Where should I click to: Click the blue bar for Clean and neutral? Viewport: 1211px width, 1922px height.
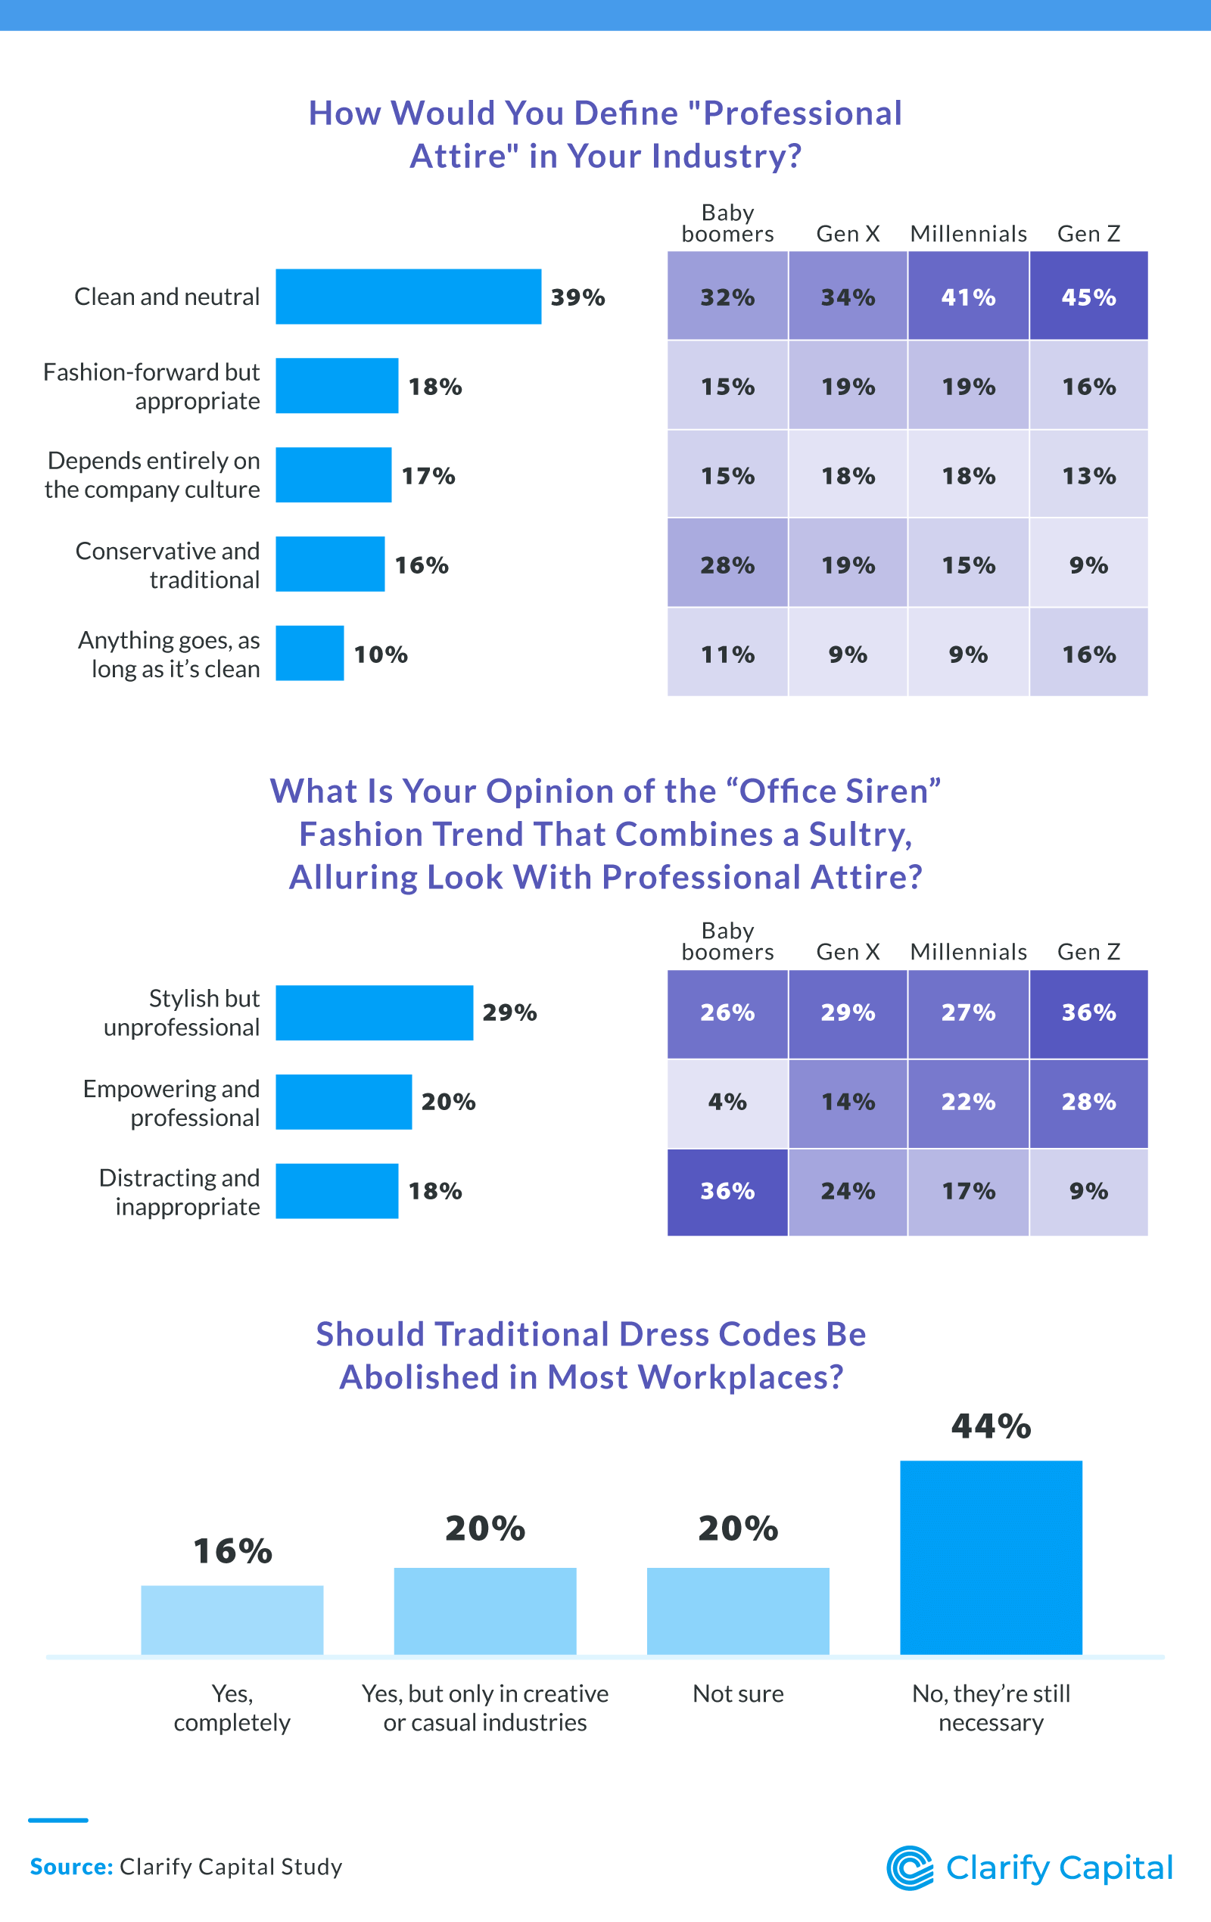click(x=408, y=297)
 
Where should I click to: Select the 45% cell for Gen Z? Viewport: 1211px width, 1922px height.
click(x=1088, y=297)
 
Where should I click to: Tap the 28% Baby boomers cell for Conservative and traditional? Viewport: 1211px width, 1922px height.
click(x=727, y=564)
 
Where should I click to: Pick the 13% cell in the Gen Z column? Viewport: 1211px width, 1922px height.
click(x=1088, y=476)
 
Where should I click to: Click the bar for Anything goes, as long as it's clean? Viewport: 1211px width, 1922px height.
click(x=310, y=654)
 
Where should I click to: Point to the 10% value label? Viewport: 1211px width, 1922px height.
click(x=381, y=655)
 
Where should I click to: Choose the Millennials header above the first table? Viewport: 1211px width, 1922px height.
click(x=968, y=234)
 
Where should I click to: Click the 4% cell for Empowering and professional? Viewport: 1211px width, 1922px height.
click(x=727, y=1102)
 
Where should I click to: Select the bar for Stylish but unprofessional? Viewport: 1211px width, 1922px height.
click(x=375, y=1013)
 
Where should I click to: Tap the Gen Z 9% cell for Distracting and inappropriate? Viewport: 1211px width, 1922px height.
click(x=1088, y=1191)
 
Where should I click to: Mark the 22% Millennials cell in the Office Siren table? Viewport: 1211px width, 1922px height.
click(x=968, y=1102)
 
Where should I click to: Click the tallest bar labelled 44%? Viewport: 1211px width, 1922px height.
click(x=991, y=1557)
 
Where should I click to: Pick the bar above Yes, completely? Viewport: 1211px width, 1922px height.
click(x=232, y=1619)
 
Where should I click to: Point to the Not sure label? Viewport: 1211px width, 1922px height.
click(x=738, y=1693)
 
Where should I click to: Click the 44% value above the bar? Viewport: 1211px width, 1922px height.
click(x=991, y=1426)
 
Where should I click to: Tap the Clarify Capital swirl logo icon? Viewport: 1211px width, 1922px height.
click(x=910, y=1868)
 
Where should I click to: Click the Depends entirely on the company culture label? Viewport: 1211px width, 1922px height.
click(x=152, y=475)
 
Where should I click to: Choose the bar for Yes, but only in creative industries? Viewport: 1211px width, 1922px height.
click(x=485, y=1611)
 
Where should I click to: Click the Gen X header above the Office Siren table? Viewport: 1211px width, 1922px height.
click(x=848, y=951)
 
